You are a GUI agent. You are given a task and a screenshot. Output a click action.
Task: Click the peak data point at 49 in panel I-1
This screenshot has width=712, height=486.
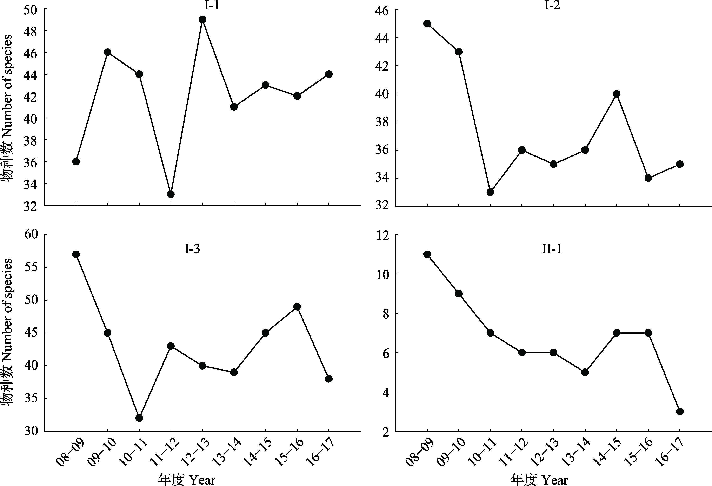tap(202, 20)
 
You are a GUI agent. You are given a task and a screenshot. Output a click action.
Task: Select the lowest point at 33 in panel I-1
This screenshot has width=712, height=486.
tap(171, 194)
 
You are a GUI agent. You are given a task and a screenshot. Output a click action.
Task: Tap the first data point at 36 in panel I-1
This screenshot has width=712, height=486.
tap(76, 161)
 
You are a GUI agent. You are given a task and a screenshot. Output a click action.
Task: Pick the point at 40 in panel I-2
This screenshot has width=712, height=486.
tap(617, 94)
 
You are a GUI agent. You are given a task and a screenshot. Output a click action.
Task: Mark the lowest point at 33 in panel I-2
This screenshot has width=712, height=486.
tap(490, 192)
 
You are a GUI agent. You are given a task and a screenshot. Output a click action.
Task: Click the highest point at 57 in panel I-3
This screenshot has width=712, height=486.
tap(76, 254)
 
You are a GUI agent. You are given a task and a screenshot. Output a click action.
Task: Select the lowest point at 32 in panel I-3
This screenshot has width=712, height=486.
tap(139, 418)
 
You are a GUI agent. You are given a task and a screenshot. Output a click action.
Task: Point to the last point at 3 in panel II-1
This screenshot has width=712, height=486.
tap(680, 412)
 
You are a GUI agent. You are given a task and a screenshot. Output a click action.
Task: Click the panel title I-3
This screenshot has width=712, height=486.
tap(192, 249)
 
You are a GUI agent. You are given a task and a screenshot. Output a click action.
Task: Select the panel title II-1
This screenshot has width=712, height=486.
tap(552, 249)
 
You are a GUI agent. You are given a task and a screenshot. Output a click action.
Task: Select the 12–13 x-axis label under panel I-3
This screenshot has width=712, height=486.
tap(195, 452)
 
